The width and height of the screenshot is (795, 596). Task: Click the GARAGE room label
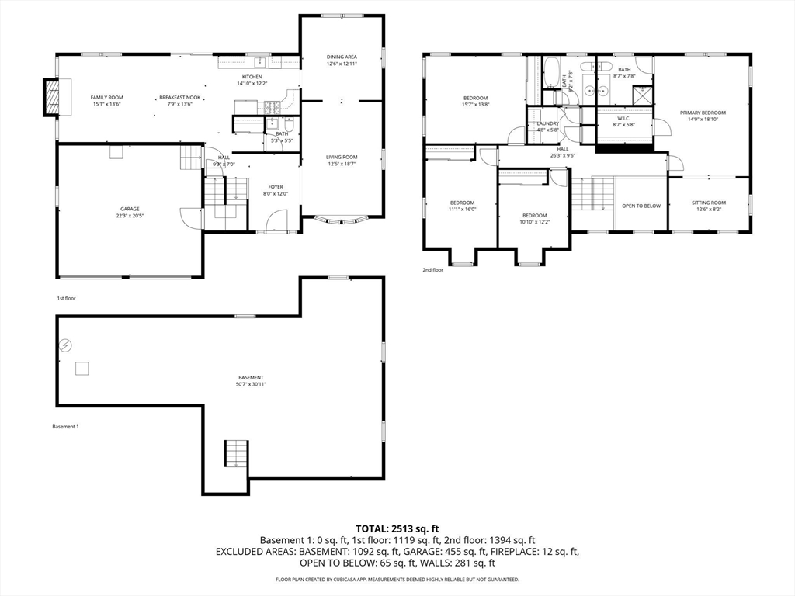(x=130, y=209)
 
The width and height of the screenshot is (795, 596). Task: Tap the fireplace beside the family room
(x=51, y=97)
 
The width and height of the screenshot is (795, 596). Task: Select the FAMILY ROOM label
(x=107, y=97)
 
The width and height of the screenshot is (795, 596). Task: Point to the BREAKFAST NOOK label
(x=179, y=97)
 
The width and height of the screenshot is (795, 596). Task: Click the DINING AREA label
(x=342, y=57)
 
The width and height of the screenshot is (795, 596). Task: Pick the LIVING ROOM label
(x=342, y=157)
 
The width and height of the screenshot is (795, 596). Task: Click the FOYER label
(x=276, y=186)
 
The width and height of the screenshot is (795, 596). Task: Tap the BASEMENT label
(x=251, y=378)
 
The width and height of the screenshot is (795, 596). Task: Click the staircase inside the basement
(x=236, y=453)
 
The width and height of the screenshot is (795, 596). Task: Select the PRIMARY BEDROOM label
(x=703, y=113)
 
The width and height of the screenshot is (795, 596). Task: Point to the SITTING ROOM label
(x=708, y=203)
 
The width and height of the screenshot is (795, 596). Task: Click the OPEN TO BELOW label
(x=641, y=206)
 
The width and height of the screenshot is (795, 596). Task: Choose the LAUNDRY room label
(x=547, y=123)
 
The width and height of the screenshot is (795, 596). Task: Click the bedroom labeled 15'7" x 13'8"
(x=476, y=98)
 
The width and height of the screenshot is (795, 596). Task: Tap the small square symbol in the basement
(x=82, y=369)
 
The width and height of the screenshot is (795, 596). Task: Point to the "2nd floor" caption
(x=432, y=270)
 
